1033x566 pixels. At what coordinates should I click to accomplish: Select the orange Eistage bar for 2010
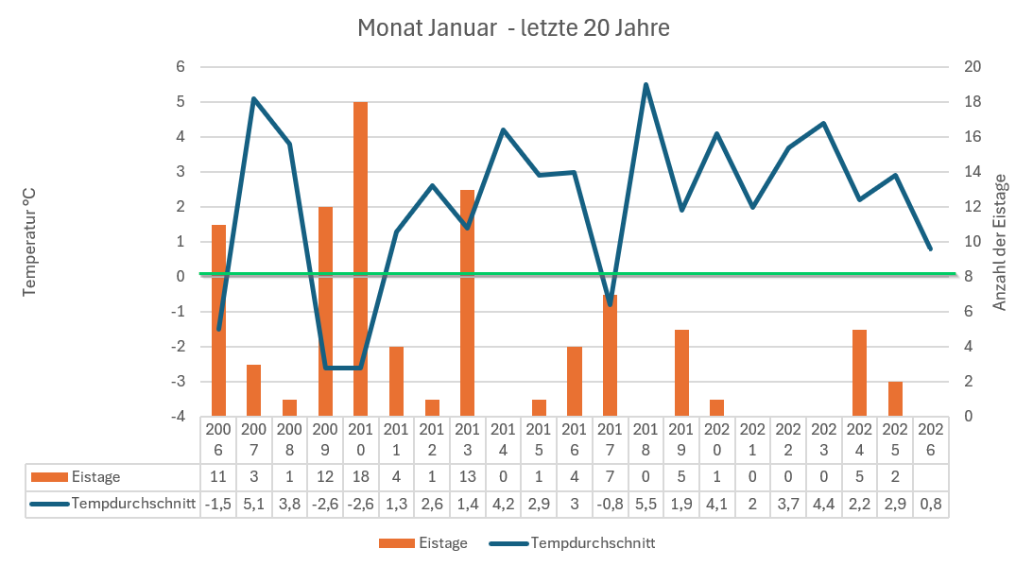360,258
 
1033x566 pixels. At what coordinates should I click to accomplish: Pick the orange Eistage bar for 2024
859,372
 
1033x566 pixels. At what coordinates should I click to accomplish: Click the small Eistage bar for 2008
289,407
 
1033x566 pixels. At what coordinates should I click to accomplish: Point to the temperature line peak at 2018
646,85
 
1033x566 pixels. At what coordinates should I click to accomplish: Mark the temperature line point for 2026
930,249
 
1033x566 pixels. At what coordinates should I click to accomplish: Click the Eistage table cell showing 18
360,477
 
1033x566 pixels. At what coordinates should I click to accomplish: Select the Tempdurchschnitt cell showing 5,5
646,504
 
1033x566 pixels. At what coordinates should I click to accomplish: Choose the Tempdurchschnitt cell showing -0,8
610,504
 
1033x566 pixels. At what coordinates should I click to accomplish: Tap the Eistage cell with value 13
467,477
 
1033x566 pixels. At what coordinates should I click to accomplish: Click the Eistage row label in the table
97,477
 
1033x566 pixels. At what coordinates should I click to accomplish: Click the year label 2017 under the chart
610,439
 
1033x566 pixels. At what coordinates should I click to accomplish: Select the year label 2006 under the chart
217,439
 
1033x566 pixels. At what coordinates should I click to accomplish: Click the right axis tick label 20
972,67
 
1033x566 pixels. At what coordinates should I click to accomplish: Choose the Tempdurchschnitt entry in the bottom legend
592,543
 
